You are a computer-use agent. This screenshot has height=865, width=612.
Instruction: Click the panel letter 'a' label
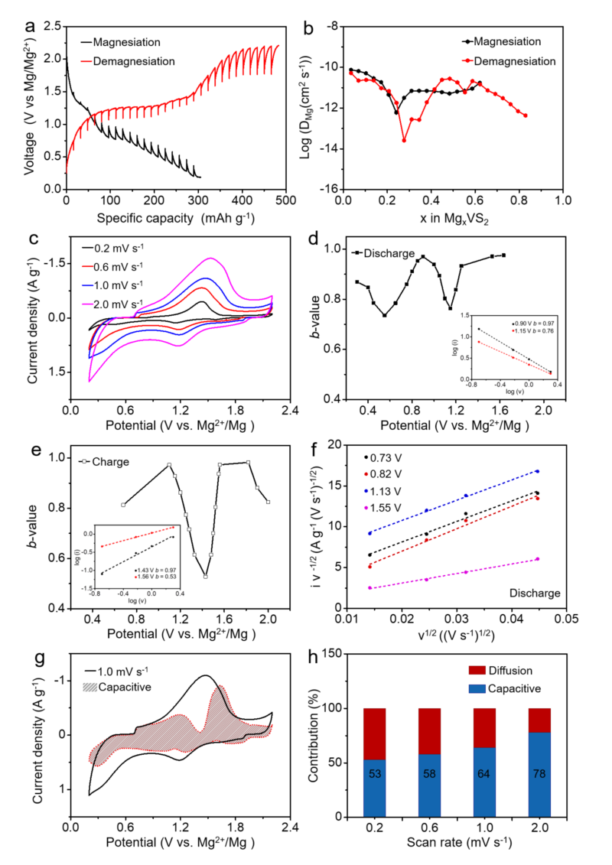pos(31,28)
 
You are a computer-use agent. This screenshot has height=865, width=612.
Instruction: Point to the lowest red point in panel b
pos(404,140)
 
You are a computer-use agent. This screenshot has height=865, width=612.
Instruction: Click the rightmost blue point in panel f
pos(538,471)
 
